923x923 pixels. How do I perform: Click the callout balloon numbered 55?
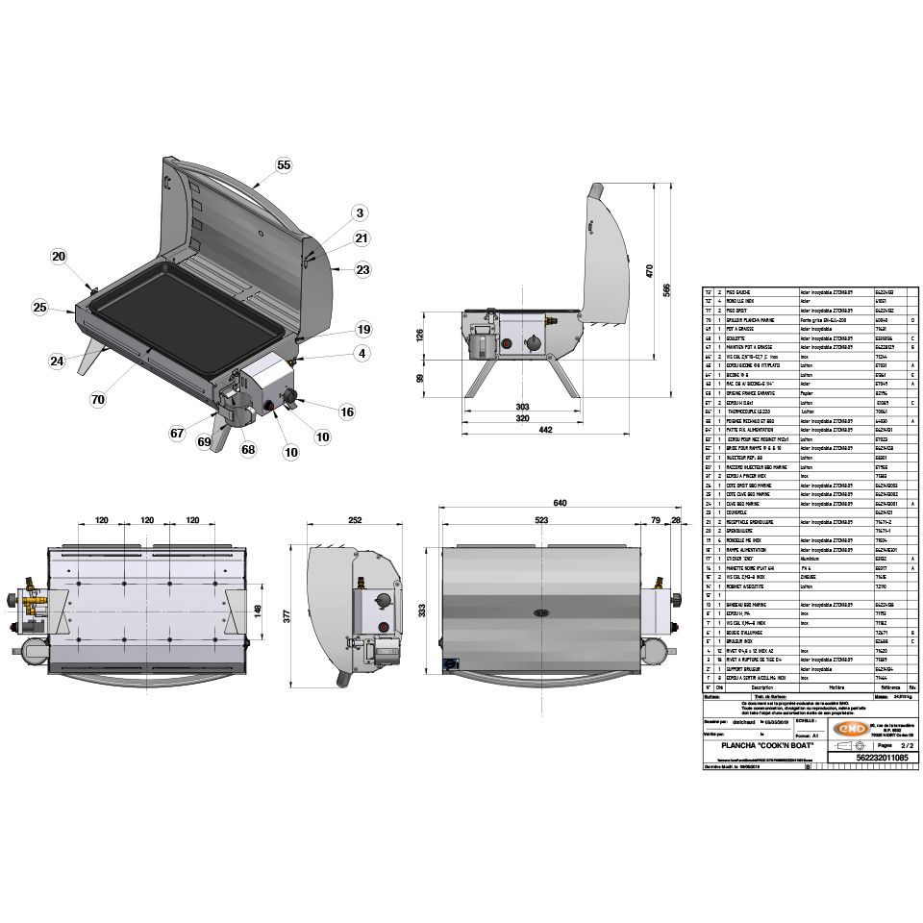click(x=284, y=164)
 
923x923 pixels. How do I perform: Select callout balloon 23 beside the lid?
click(x=362, y=270)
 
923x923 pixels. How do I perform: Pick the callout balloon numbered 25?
click(x=39, y=308)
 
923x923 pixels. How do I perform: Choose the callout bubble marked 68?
click(x=247, y=449)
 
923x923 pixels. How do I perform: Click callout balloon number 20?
click(x=59, y=257)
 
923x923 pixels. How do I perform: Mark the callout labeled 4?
click(x=362, y=353)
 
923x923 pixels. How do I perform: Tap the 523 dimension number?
click(x=540, y=520)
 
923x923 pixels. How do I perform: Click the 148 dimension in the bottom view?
click(x=258, y=610)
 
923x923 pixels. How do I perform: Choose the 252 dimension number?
click(x=355, y=520)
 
